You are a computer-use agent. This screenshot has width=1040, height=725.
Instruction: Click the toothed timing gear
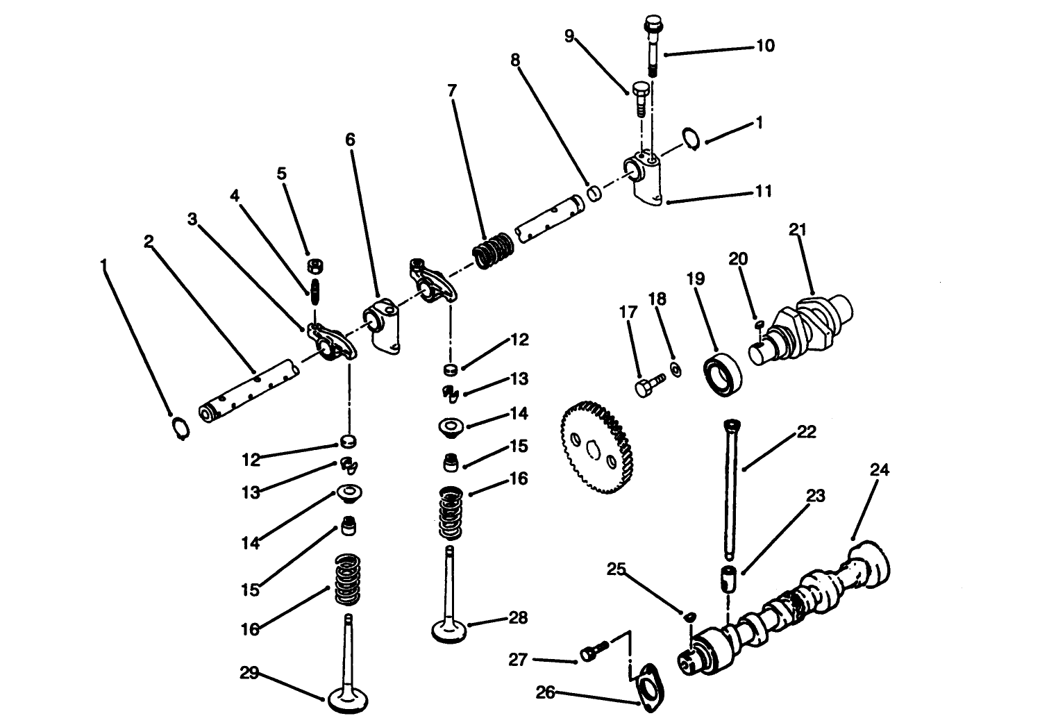pyautogui.click(x=596, y=449)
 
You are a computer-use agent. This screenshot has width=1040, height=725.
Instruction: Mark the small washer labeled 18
pyautogui.click(x=675, y=369)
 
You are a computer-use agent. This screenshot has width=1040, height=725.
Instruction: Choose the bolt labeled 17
pyautogui.click(x=648, y=383)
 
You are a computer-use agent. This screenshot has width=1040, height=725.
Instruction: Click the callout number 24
pyautogui.click(x=879, y=470)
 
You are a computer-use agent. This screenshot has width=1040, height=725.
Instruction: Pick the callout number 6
pyautogui.click(x=350, y=140)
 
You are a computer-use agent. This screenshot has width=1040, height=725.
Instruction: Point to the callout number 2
pyautogui.click(x=148, y=241)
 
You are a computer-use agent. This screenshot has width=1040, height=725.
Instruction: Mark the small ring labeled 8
pyautogui.click(x=595, y=192)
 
